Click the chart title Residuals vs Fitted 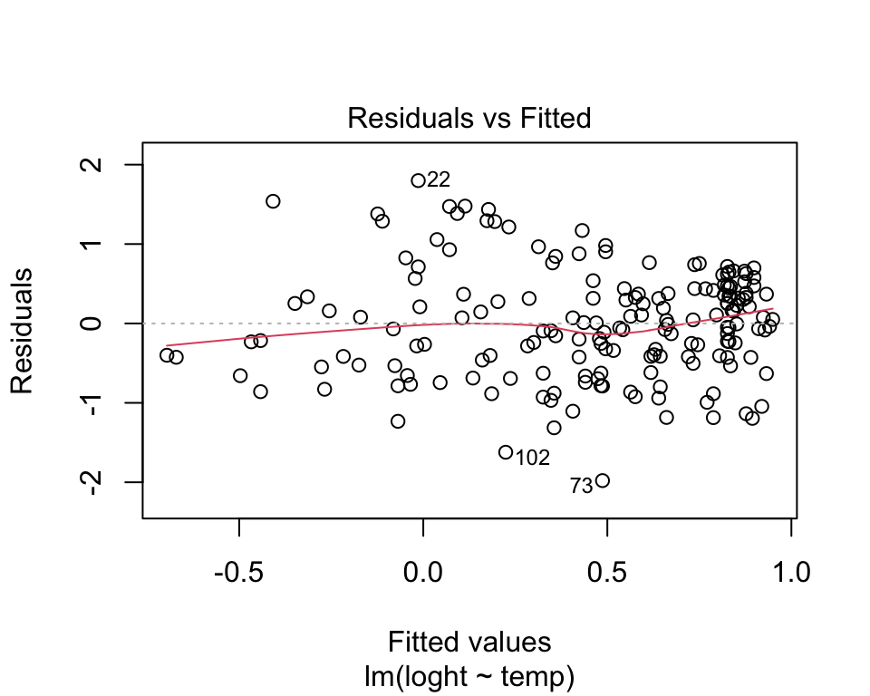click(x=469, y=118)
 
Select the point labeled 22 click(x=418, y=180)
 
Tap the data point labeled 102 click(x=506, y=452)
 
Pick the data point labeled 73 click(x=602, y=480)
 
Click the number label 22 click(x=439, y=179)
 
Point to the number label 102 click(x=533, y=459)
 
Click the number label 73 click(x=581, y=487)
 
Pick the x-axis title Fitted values click(x=469, y=643)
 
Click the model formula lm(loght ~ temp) click(x=469, y=675)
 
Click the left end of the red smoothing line click(x=168, y=345)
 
